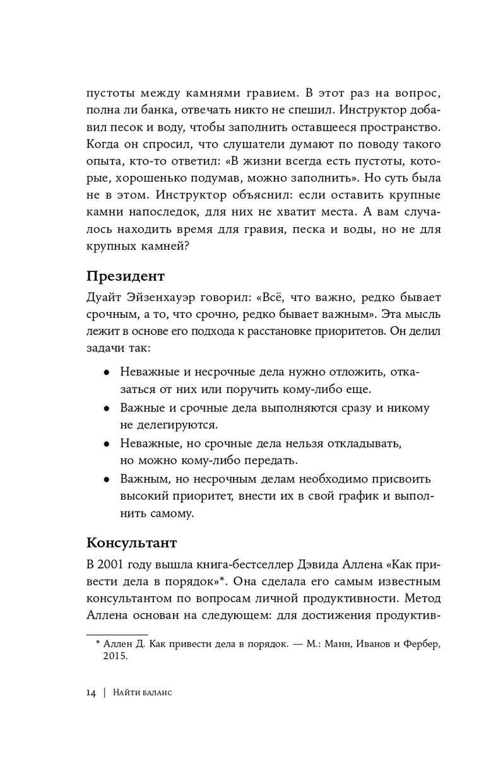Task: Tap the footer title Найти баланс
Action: tap(143, 693)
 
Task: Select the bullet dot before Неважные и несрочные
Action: tap(107, 373)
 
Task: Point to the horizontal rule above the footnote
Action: tap(116, 634)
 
